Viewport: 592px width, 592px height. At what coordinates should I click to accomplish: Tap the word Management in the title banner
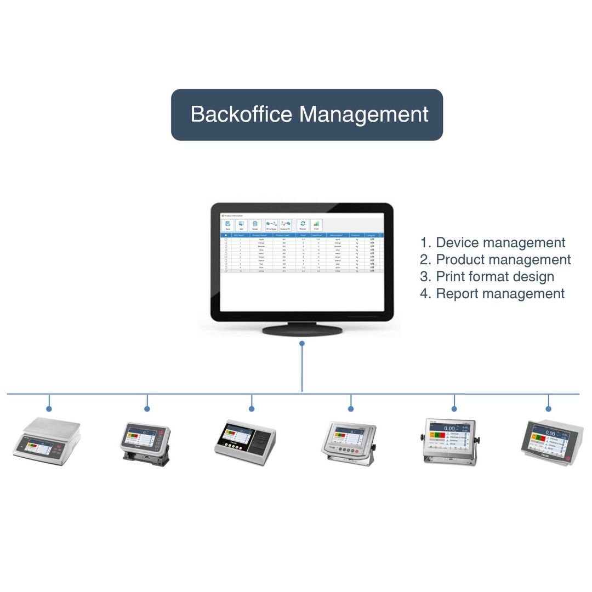[x=364, y=115]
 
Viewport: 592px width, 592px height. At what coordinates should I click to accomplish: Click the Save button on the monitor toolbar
[x=227, y=225]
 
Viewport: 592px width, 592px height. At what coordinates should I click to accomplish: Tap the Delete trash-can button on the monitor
[x=255, y=225]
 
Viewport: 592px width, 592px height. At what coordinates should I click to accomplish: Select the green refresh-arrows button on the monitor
[x=303, y=225]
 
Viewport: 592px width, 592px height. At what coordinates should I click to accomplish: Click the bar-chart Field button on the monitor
[x=316, y=225]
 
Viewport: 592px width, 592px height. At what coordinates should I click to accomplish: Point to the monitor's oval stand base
[x=303, y=329]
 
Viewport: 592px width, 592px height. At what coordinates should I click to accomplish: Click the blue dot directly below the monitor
[x=302, y=344]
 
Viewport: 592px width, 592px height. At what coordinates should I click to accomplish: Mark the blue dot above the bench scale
[x=49, y=409]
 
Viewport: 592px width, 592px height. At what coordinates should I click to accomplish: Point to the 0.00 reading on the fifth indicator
[x=449, y=429]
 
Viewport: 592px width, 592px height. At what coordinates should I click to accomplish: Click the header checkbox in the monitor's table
[x=226, y=235]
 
